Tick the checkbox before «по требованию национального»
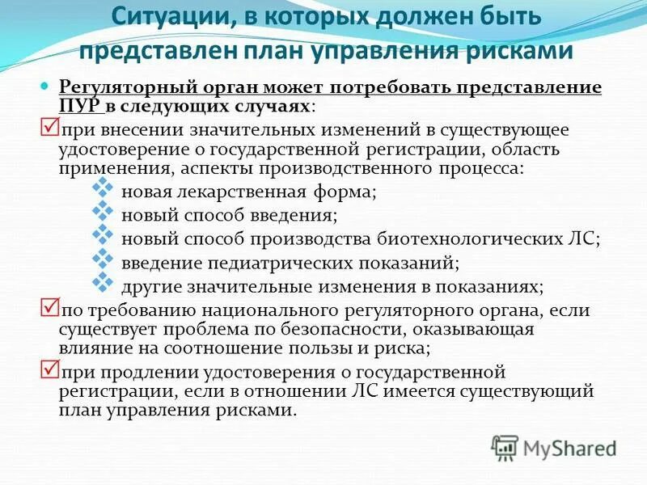pyautogui.click(x=49, y=308)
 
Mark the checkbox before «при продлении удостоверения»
pyautogui.click(x=49, y=369)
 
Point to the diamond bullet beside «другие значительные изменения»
pyautogui.click(x=102, y=283)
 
